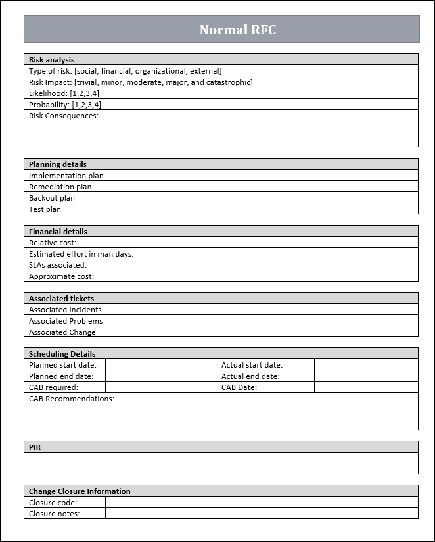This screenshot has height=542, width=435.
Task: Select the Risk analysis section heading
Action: (51, 60)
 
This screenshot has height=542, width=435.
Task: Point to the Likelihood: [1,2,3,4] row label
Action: (64, 93)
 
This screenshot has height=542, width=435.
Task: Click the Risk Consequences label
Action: (63, 116)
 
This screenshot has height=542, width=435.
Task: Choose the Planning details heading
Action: (57, 164)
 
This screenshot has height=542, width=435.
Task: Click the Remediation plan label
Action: (60, 187)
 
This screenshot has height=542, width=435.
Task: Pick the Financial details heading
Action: (58, 232)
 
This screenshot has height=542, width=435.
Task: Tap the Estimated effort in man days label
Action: (81, 254)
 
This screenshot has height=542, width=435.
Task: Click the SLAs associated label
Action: (57, 265)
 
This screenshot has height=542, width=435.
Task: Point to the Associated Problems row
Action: (65, 321)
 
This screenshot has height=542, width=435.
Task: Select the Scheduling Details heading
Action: (62, 354)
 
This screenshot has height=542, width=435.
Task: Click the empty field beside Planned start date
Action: (160, 365)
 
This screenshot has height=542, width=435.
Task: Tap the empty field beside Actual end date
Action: (366, 376)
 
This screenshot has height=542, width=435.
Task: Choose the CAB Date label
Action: (239, 387)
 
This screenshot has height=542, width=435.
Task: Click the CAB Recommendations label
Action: (71, 399)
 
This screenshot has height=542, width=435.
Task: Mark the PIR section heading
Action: (35, 447)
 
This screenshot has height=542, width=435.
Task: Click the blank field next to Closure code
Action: (262, 503)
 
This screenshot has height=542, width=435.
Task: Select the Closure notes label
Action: (54, 514)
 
